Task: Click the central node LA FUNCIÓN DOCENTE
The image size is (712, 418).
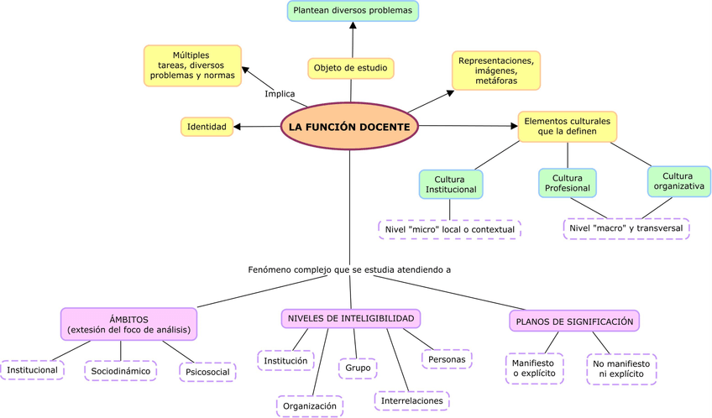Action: (349, 127)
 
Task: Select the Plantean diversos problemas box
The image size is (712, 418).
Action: (353, 11)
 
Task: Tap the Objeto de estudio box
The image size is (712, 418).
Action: (350, 68)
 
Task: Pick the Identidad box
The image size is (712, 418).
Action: (207, 127)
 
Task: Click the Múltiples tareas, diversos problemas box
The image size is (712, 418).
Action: (192, 65)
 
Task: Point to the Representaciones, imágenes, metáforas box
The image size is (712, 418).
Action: (495, 71)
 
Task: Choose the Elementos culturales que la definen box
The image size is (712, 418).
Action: (567, 126)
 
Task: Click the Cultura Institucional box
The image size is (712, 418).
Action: (450, 184)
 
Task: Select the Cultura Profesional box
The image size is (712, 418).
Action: (568, 183)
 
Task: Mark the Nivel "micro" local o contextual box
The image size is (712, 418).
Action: (449, 229)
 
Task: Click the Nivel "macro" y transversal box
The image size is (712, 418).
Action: (626, 228)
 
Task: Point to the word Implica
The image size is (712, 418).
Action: (280, 93)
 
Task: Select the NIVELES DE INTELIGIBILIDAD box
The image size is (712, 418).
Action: (350, 319)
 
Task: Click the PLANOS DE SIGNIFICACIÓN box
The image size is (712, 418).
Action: (574, 321)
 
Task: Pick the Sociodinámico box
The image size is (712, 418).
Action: (121, 370)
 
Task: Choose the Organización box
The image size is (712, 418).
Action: (310, 405)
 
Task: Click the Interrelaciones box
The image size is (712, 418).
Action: (411, 401)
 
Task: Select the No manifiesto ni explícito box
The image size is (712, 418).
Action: (621, 368)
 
